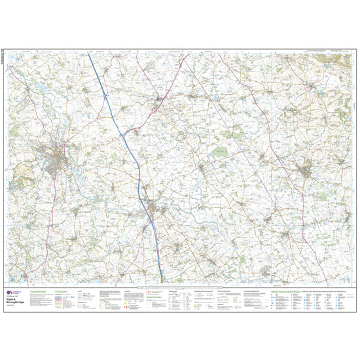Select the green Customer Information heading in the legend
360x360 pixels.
click(x=37, y=287)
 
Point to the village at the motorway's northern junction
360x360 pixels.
click(x=161, y=101)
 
